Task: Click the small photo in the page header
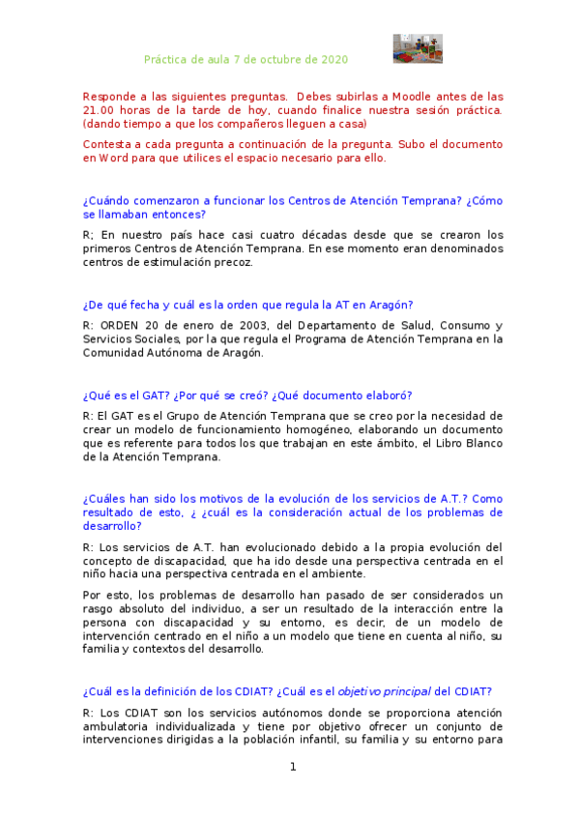(417, 49)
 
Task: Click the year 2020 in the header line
(333, 59)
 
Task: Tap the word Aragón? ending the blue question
(391, 305)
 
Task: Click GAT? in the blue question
(141, 395)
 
